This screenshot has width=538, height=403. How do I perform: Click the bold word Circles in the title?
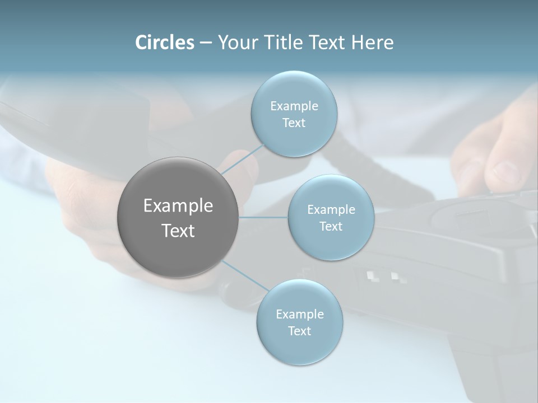(165, 43)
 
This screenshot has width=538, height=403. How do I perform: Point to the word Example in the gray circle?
(178, 206)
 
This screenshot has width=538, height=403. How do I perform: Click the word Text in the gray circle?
(178, 231)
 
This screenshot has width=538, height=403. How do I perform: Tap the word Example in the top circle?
(294, 106)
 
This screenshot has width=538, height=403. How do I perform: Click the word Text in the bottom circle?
(299, 331)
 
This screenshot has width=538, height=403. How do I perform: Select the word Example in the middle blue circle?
(331, 209)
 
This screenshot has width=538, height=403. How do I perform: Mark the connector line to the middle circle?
(263, 217)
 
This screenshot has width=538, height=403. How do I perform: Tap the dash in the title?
(205, 43)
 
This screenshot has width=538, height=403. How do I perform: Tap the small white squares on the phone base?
(384, 277)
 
